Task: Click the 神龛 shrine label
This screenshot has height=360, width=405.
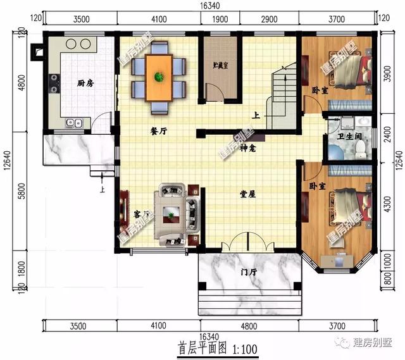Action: (247, 149)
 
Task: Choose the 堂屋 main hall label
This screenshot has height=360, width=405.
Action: (247, 194)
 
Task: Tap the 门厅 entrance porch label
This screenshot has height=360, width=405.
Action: (249, 273)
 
